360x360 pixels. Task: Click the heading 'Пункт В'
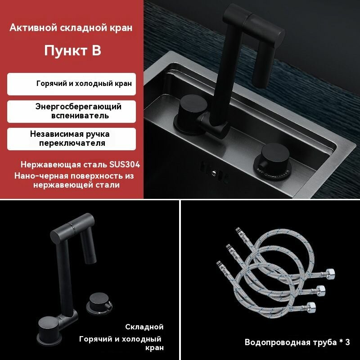72,50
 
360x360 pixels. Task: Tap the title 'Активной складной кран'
71,28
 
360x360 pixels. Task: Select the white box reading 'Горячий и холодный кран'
71,84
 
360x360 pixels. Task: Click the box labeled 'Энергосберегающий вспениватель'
71,111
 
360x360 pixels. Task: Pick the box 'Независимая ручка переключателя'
71,139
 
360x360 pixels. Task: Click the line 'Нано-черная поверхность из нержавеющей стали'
73,180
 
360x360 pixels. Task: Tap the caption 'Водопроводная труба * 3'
297,342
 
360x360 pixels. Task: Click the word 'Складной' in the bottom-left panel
144,327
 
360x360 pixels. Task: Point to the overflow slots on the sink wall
211,171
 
